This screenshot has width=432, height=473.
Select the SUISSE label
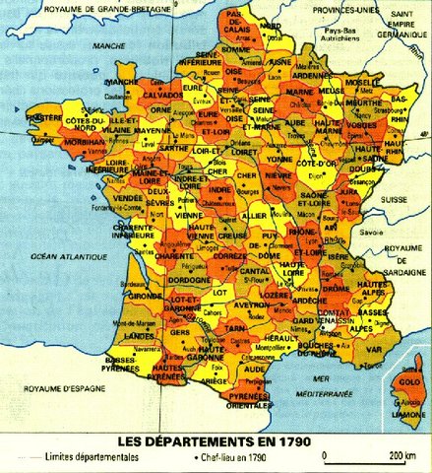pyautogui.click(x=394, y=198)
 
